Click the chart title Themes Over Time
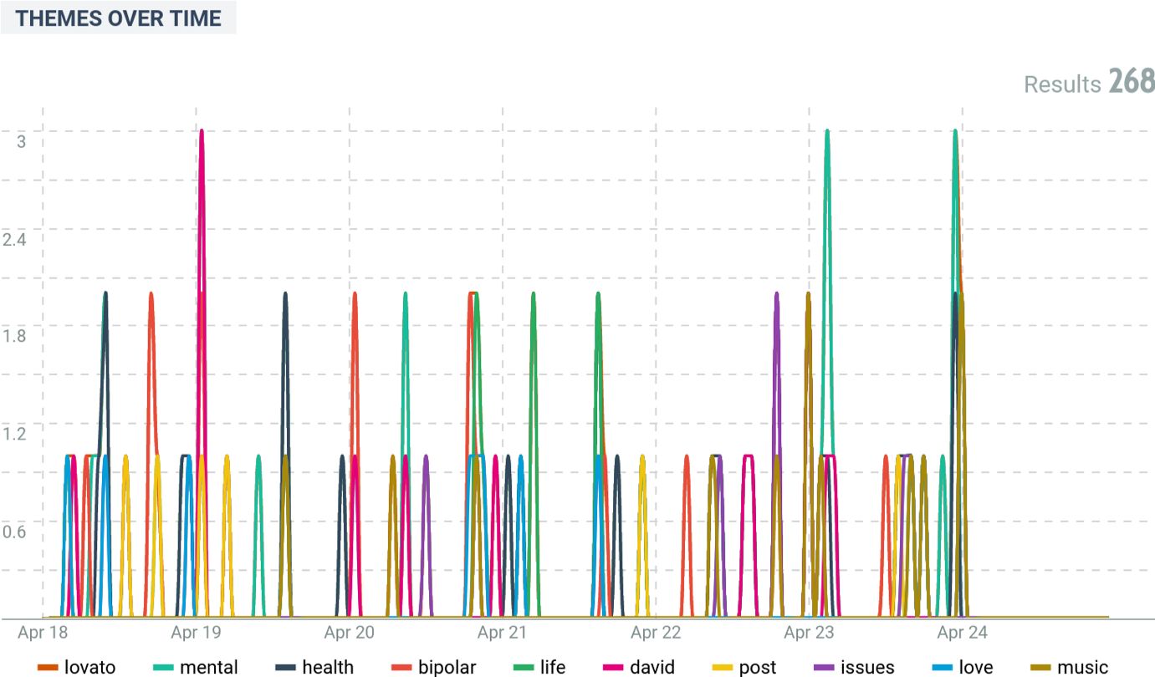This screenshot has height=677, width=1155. tap(118, 18)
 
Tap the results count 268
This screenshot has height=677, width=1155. tap(1132, 82)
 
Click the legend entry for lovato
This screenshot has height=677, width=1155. tap(76, 667)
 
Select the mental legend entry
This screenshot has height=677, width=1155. tap(197, 667)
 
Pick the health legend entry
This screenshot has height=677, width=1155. tap(314, 667)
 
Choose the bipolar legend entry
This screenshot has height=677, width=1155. tap(435, 667)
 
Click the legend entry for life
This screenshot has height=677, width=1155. tap(540, 667)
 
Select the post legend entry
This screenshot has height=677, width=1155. tap(745, 667)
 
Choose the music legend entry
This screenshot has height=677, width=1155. tap(1070, 667)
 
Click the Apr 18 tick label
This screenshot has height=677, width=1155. tap(43, 633)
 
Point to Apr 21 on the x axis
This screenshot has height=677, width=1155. tap(503, 633)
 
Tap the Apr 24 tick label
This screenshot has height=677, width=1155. tap(963, 633)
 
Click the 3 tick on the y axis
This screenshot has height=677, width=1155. tap(21, 140)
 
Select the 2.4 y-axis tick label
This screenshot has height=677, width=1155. tap(16, 239)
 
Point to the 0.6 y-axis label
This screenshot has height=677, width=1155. tap(16, 532)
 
